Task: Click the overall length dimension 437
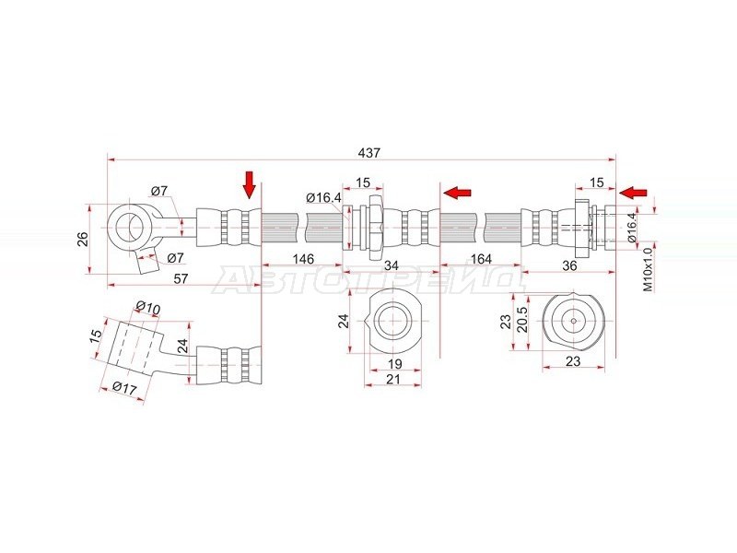click(x=369, y=153)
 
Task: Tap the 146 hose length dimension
click(x=303, y=259)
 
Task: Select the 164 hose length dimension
click(x=480, y=259)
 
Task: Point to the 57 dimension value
click(x=181, y=278)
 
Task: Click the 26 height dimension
click(x=83, y=239)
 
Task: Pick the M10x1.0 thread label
click(x=649, y=269)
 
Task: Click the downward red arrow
click(x=249, y=185)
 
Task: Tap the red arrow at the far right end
click(x=633, y=193)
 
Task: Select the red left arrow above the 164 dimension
click(x=457, y=192)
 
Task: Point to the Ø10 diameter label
click(x=148, y=308)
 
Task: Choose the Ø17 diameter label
click(x=124, y=387)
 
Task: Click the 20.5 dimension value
click(x=522, y=320)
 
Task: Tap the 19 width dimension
click(x=395, y=363)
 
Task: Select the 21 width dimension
click(x=393, y=379)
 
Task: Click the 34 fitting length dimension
click(x=391, y=265)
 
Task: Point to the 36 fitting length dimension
click(x=569, y=265)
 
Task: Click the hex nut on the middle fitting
click(x=375, y=227)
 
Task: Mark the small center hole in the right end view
click(x=573, y=321)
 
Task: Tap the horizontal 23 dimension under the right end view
click(x=573, y=360)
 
